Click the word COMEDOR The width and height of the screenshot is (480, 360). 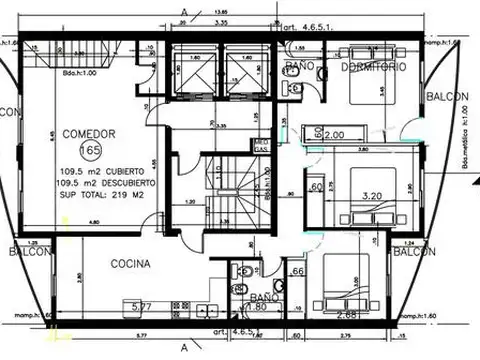click(89, 133)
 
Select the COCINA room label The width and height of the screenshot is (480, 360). click(130, 265)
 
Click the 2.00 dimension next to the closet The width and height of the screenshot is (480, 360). click(335, 133)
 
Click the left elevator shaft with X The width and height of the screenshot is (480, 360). click(190, 69)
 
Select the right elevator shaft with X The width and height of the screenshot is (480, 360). click(244, 69)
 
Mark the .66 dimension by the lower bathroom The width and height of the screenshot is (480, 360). click(297, 271)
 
